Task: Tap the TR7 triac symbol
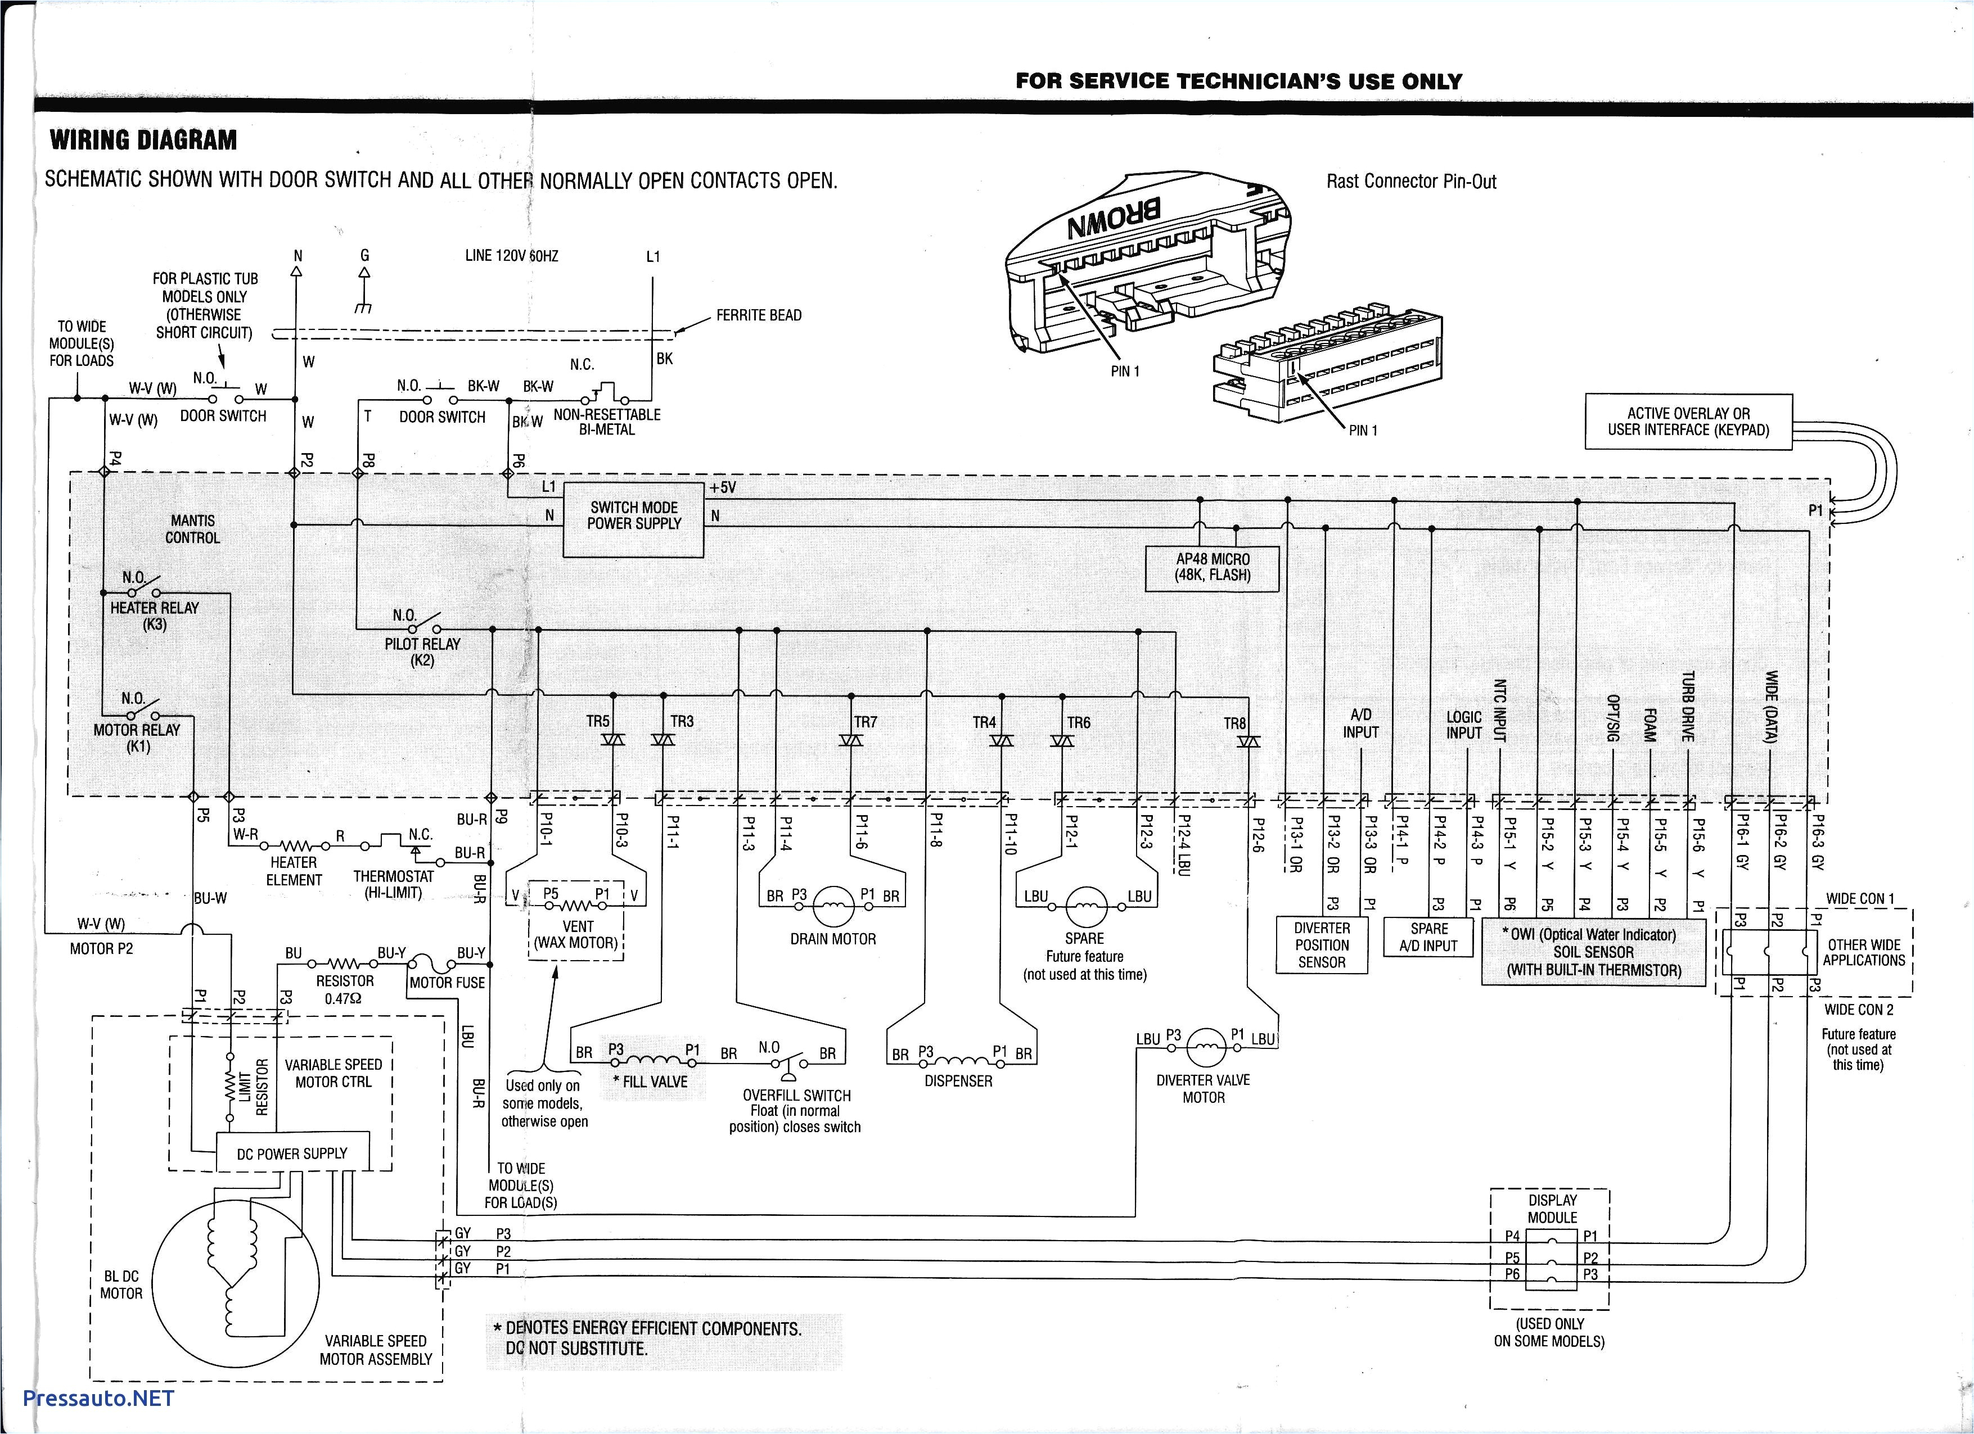(850, 740)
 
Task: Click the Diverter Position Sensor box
(1321, 945)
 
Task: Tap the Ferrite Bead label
(758, 315)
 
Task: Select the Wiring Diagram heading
(143, 140)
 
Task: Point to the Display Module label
(1552, 1209)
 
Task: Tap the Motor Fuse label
(447, 983)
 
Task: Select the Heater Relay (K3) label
(155, 615)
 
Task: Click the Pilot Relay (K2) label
(422, 651)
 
